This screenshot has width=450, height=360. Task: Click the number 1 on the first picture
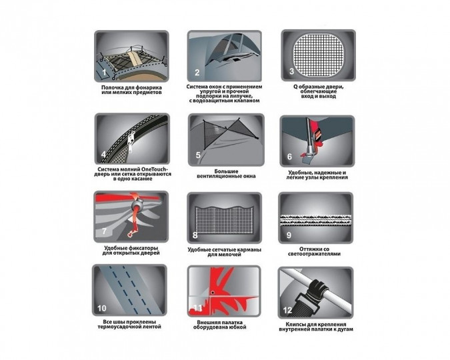[104, 72]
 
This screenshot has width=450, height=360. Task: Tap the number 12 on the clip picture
[287, 310]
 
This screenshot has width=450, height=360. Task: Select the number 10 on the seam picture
[102, 308]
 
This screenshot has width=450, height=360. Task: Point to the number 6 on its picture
[289, 157]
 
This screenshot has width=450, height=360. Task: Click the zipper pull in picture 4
[131, 141]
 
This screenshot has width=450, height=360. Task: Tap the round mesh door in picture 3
[318, 56]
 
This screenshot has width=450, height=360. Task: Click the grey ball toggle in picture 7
[139, 205]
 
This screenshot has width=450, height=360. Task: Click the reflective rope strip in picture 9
[316, 220]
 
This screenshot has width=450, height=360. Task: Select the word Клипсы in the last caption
[289, 324]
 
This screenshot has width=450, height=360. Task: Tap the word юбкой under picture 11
[237, 327]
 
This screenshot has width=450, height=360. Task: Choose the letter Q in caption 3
[295, 87]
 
